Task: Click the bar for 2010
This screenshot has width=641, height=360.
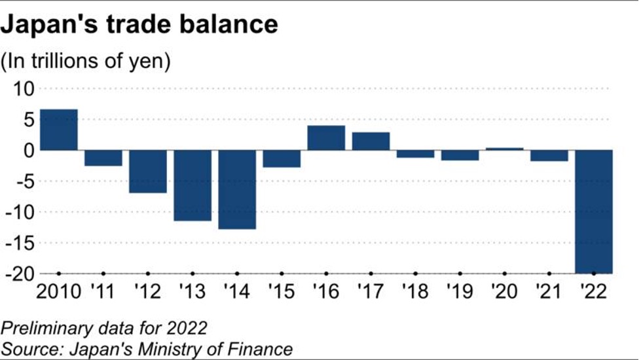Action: (x=59, y=130)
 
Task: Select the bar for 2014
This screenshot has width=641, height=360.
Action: (x=237, y=189)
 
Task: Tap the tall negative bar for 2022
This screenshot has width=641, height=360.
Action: (x=593, y=211)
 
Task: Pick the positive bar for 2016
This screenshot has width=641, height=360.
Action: (x=326, y=137)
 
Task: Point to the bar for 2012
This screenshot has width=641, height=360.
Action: (x=148, y=171)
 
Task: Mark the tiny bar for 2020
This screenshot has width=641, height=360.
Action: (x=504, y=149)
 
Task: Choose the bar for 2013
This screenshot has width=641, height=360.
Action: (x=192, y=185)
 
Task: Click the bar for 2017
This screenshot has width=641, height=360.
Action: (x=371, y=141)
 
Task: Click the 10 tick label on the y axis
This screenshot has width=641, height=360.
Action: (x=22, y=88)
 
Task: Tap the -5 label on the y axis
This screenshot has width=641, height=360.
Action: (x=22, y=181)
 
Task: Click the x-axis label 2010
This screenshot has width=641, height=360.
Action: (x=59, y=291)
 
